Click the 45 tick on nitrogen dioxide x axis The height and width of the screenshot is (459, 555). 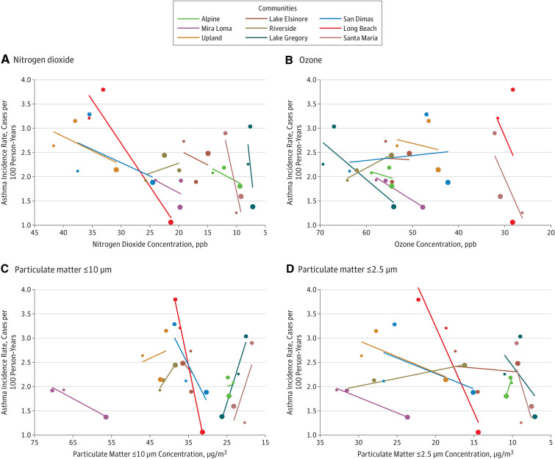click(x=34, y=232)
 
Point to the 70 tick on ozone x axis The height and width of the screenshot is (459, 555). click(x=320, y=232)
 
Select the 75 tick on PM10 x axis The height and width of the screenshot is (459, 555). click(x=34, y=442)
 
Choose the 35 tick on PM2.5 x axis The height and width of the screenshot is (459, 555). click(x=320, y=442)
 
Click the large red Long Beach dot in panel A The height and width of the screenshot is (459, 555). click(x=171, y=222)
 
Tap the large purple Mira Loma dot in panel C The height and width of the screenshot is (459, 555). click(x=106, y=417)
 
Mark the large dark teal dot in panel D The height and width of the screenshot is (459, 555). click(x=534, y=416)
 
